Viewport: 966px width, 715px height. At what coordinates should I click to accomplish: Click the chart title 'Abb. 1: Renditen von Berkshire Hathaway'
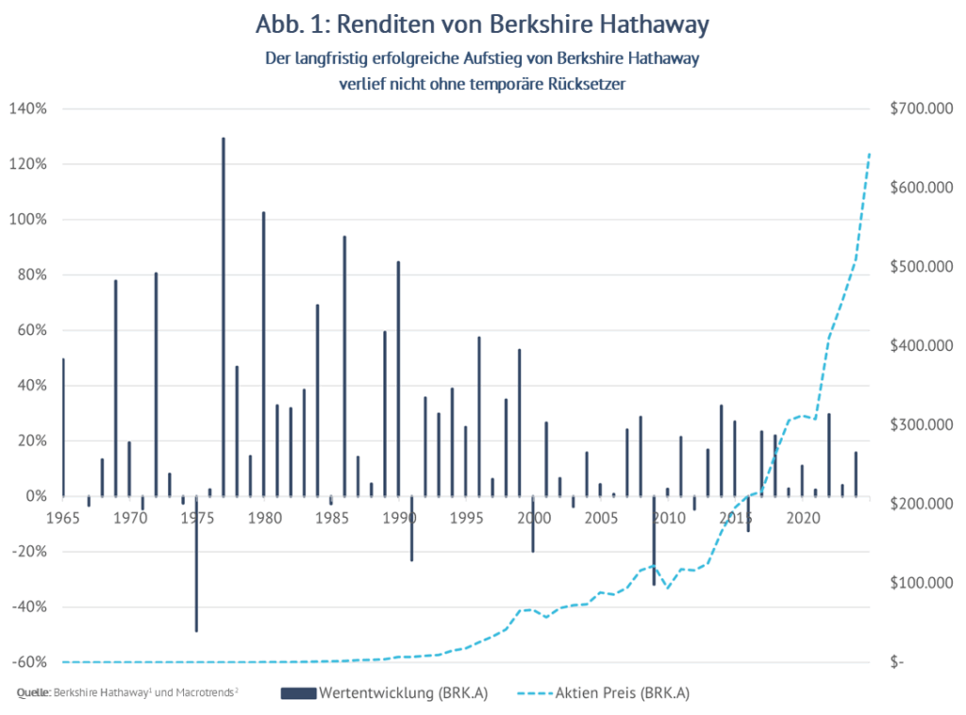pyautogui.click(x=481, y=23)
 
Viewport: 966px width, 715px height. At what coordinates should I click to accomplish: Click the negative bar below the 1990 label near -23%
pyautogui.click(x=411, y=528)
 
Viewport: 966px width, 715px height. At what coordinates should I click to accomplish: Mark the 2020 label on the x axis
pyautogui.click(x=802, y=517)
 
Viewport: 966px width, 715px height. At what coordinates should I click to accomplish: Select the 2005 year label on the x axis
pyautogui.click(x=600, y=517)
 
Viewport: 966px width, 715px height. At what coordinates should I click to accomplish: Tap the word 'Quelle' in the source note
pyautogui.click(x=34, y=694)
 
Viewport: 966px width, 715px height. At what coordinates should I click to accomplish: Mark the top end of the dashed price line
pyautogui.click(x=869, y=153)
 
